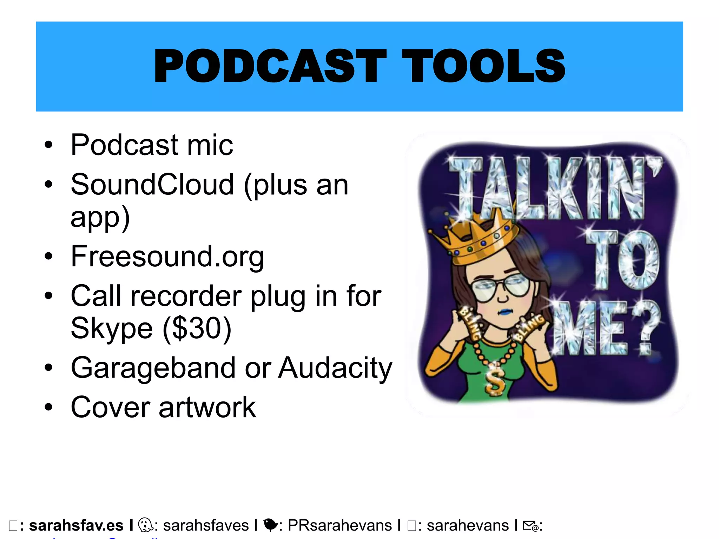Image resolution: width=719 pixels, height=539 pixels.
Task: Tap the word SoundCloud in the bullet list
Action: [152, 185]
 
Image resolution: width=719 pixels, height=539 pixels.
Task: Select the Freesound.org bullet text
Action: [167, 257]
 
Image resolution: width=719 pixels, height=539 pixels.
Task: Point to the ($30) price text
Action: [197, 328]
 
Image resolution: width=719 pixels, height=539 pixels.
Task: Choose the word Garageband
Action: [153, 368]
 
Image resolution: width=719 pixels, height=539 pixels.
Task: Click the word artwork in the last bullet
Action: [207, 407]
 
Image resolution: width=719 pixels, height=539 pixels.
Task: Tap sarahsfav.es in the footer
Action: [76, 526]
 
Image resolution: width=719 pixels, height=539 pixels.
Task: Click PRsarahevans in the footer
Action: [339, 526]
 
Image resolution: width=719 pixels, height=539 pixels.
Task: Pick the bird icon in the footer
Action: [270, 525]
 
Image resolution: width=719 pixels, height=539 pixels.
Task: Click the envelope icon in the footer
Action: [530, 526]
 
